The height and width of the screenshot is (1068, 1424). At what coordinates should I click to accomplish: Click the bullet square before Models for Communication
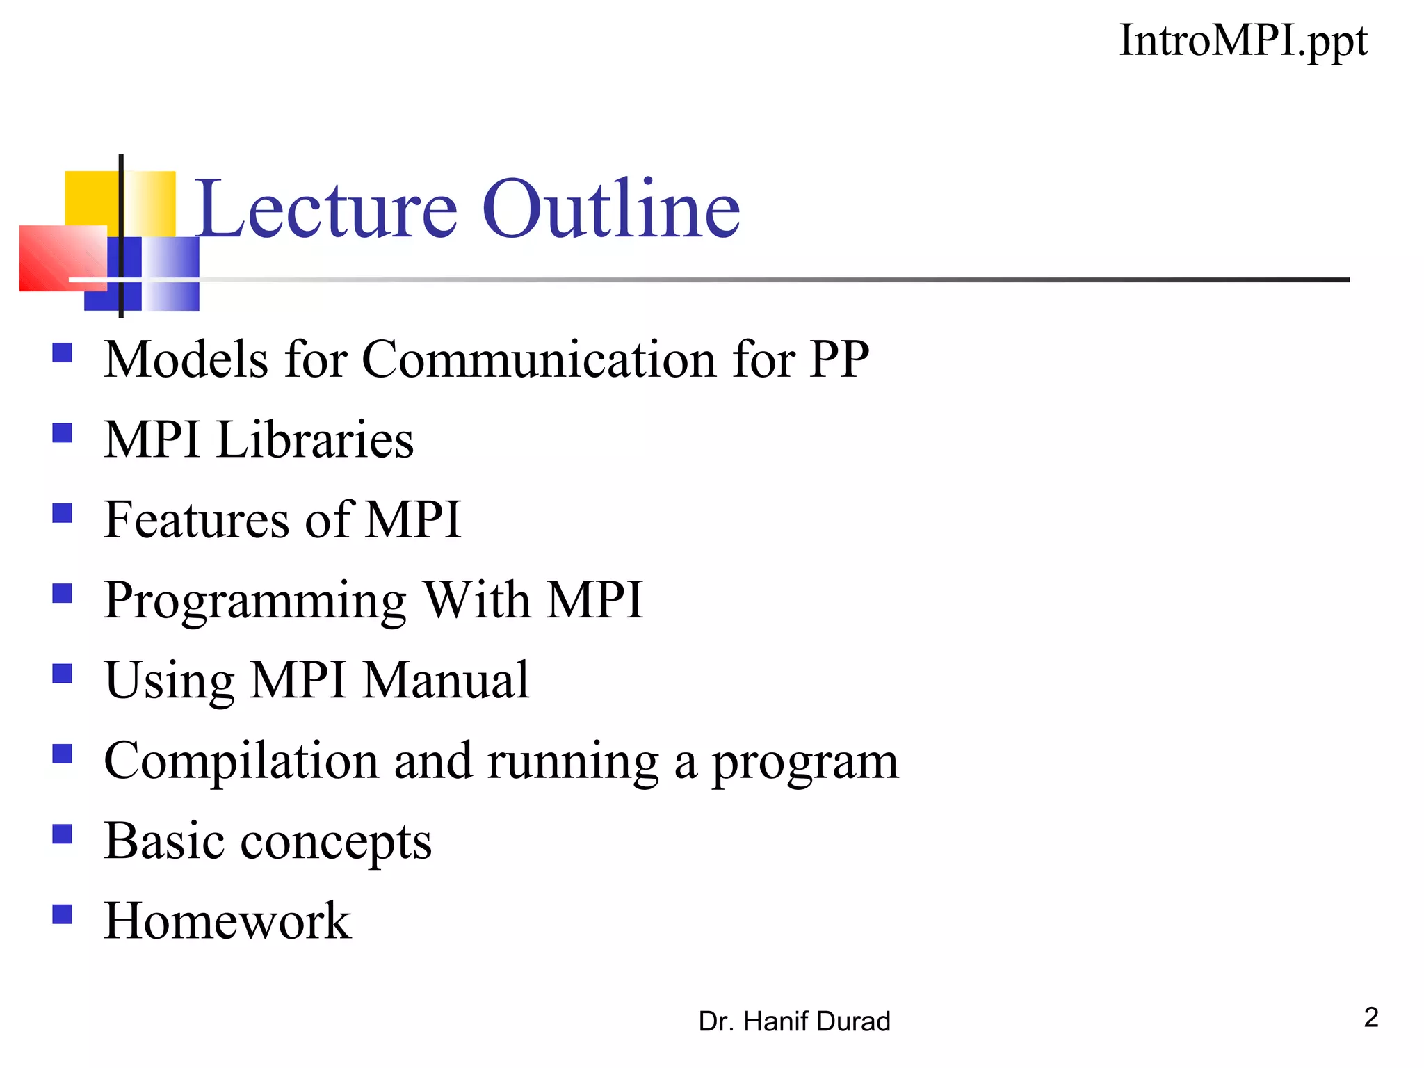point(63,353)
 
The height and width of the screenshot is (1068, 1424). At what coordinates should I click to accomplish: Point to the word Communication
point(540,359)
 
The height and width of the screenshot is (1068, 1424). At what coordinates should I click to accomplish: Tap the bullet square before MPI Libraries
point(63,433)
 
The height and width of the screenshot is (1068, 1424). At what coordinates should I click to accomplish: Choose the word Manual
point(446,680)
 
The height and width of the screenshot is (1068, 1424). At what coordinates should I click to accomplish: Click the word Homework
point(227,921)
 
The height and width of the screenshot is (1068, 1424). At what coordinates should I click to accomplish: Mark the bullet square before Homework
point(63,914)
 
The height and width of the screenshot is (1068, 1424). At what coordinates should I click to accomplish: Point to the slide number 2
point(1370,1017)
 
